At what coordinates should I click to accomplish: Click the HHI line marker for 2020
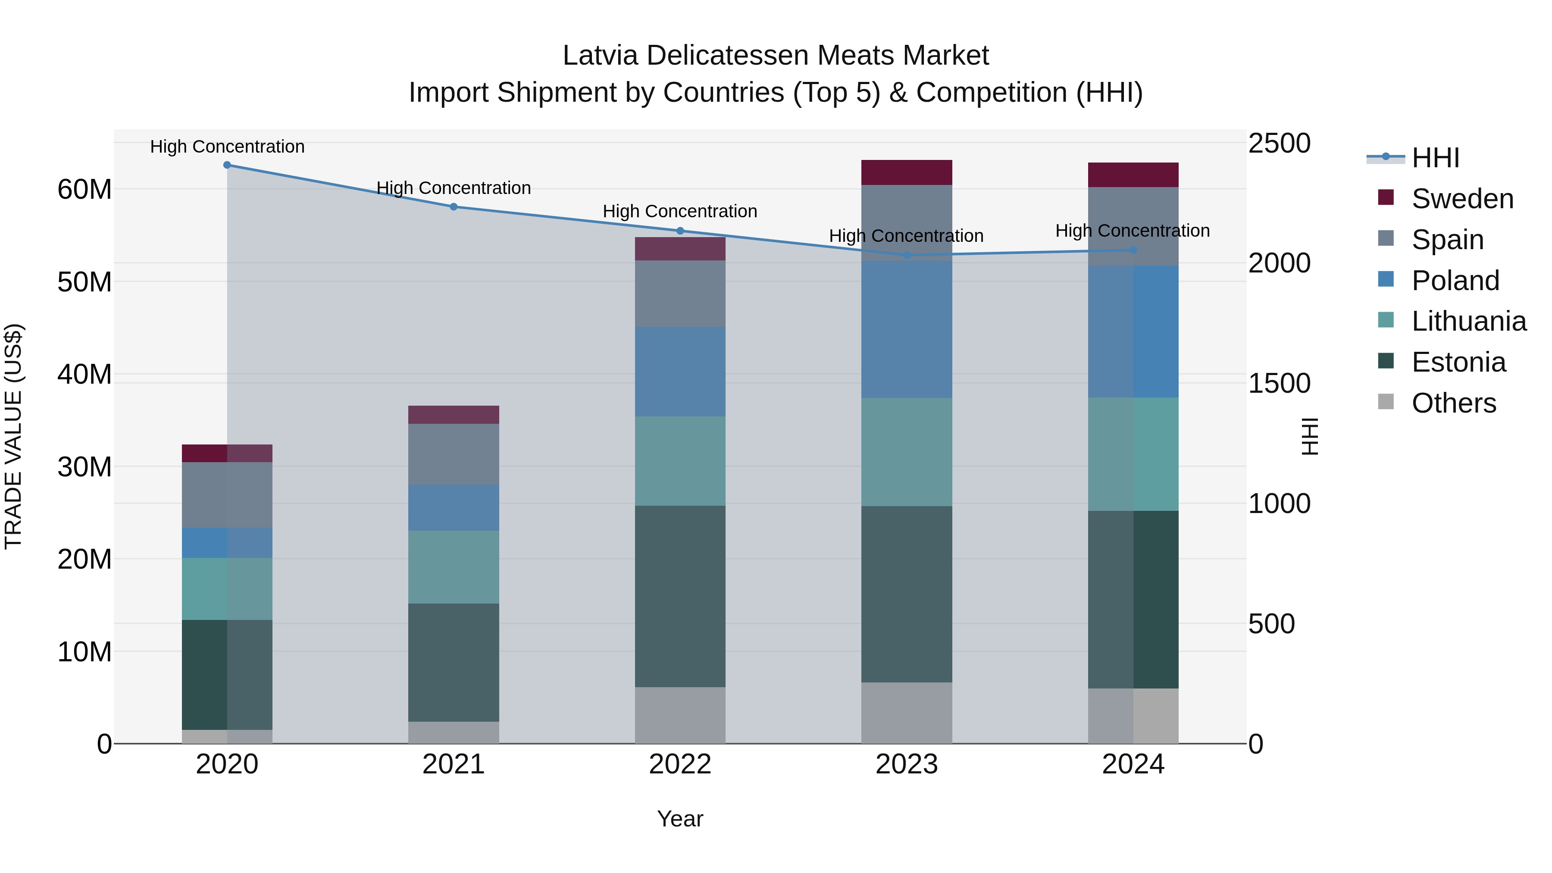(227, 165)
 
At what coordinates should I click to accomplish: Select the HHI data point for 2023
(907, 256)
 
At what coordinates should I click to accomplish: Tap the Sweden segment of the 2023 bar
(907, 172)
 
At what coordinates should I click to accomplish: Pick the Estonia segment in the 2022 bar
(680, 597)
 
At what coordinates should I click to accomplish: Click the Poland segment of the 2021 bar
(454, 508)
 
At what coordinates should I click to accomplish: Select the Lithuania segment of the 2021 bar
(454, 567)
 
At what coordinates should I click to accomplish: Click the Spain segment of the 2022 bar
(680, 294)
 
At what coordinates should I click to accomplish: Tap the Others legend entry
(1453, 403)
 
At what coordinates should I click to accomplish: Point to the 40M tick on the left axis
(84, 374)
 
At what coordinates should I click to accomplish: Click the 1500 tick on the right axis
(1279, 383)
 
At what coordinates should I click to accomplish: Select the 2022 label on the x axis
(680, 764)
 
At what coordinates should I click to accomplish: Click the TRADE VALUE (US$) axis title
(13, 436)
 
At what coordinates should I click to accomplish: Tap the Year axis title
(680, 819)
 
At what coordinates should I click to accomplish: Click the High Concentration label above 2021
(454, 188)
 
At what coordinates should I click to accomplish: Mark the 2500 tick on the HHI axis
(1279, 144)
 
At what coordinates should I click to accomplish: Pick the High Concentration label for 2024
(1133, 231)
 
